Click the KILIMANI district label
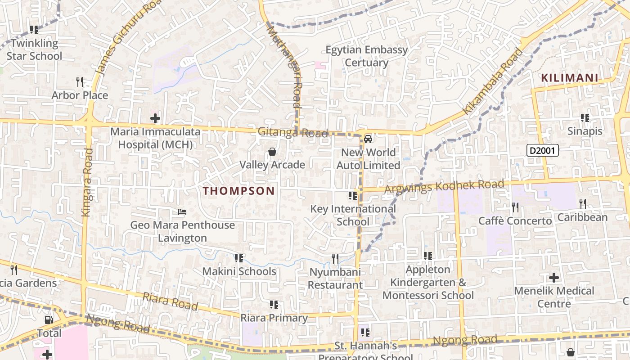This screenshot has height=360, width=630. (570, 78)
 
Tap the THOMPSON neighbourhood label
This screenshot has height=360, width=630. (238, 191)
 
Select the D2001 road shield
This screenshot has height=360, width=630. (543, 150)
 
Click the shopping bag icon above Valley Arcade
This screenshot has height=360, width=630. (272, 152)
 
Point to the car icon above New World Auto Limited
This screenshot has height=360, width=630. (368, 139)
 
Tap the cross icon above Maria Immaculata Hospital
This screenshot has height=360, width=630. (155, 119)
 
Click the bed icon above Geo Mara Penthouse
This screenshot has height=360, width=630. (182, 211)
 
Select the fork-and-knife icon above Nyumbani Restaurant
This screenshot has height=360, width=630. (335, 258)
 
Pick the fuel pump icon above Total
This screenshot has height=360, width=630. (48, 320)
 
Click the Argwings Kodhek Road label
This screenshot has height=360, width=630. (444, 186)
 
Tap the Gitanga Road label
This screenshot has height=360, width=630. (293, 132)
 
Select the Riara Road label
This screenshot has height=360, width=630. (170, 301)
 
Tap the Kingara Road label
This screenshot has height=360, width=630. (87, 182)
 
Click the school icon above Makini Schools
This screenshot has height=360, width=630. (239, 258)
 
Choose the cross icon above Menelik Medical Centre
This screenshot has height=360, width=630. (554, 277)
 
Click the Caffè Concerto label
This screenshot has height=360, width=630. (515, 221)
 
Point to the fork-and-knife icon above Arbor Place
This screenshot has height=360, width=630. (80, 82)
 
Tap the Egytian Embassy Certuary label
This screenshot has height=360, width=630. (366, 56)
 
